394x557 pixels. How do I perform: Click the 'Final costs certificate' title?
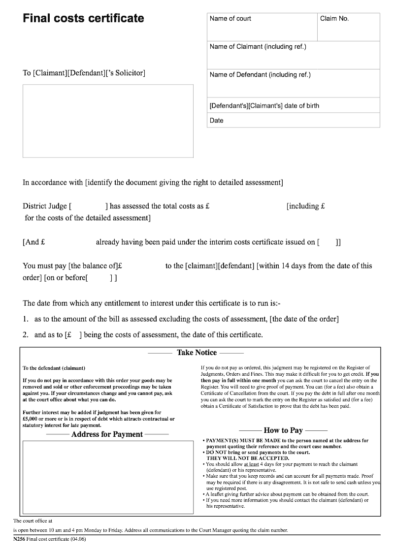point(83,19)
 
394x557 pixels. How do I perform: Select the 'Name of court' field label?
point(230,19)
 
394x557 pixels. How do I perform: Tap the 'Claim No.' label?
point(334,19)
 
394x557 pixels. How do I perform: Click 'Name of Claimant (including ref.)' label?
point(258,47)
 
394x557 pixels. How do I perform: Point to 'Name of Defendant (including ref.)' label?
point(260,75)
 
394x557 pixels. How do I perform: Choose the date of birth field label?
point(264,106)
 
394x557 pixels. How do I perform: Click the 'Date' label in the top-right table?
point(216,121)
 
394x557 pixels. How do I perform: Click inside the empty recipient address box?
point(108,121)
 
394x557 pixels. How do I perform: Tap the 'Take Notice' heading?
point(197,353)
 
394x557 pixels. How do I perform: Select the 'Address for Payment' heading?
point(107,434)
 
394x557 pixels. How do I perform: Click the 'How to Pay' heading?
point(283,430)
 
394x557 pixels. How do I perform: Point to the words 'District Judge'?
point(45,206)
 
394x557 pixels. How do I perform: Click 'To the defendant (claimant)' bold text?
point(54,368)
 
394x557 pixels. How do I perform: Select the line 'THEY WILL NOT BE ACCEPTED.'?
point(248,458)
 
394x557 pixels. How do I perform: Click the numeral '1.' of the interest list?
point(26,319)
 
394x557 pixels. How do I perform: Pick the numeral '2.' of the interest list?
point(26,335)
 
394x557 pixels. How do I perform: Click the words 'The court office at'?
point(33,520)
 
